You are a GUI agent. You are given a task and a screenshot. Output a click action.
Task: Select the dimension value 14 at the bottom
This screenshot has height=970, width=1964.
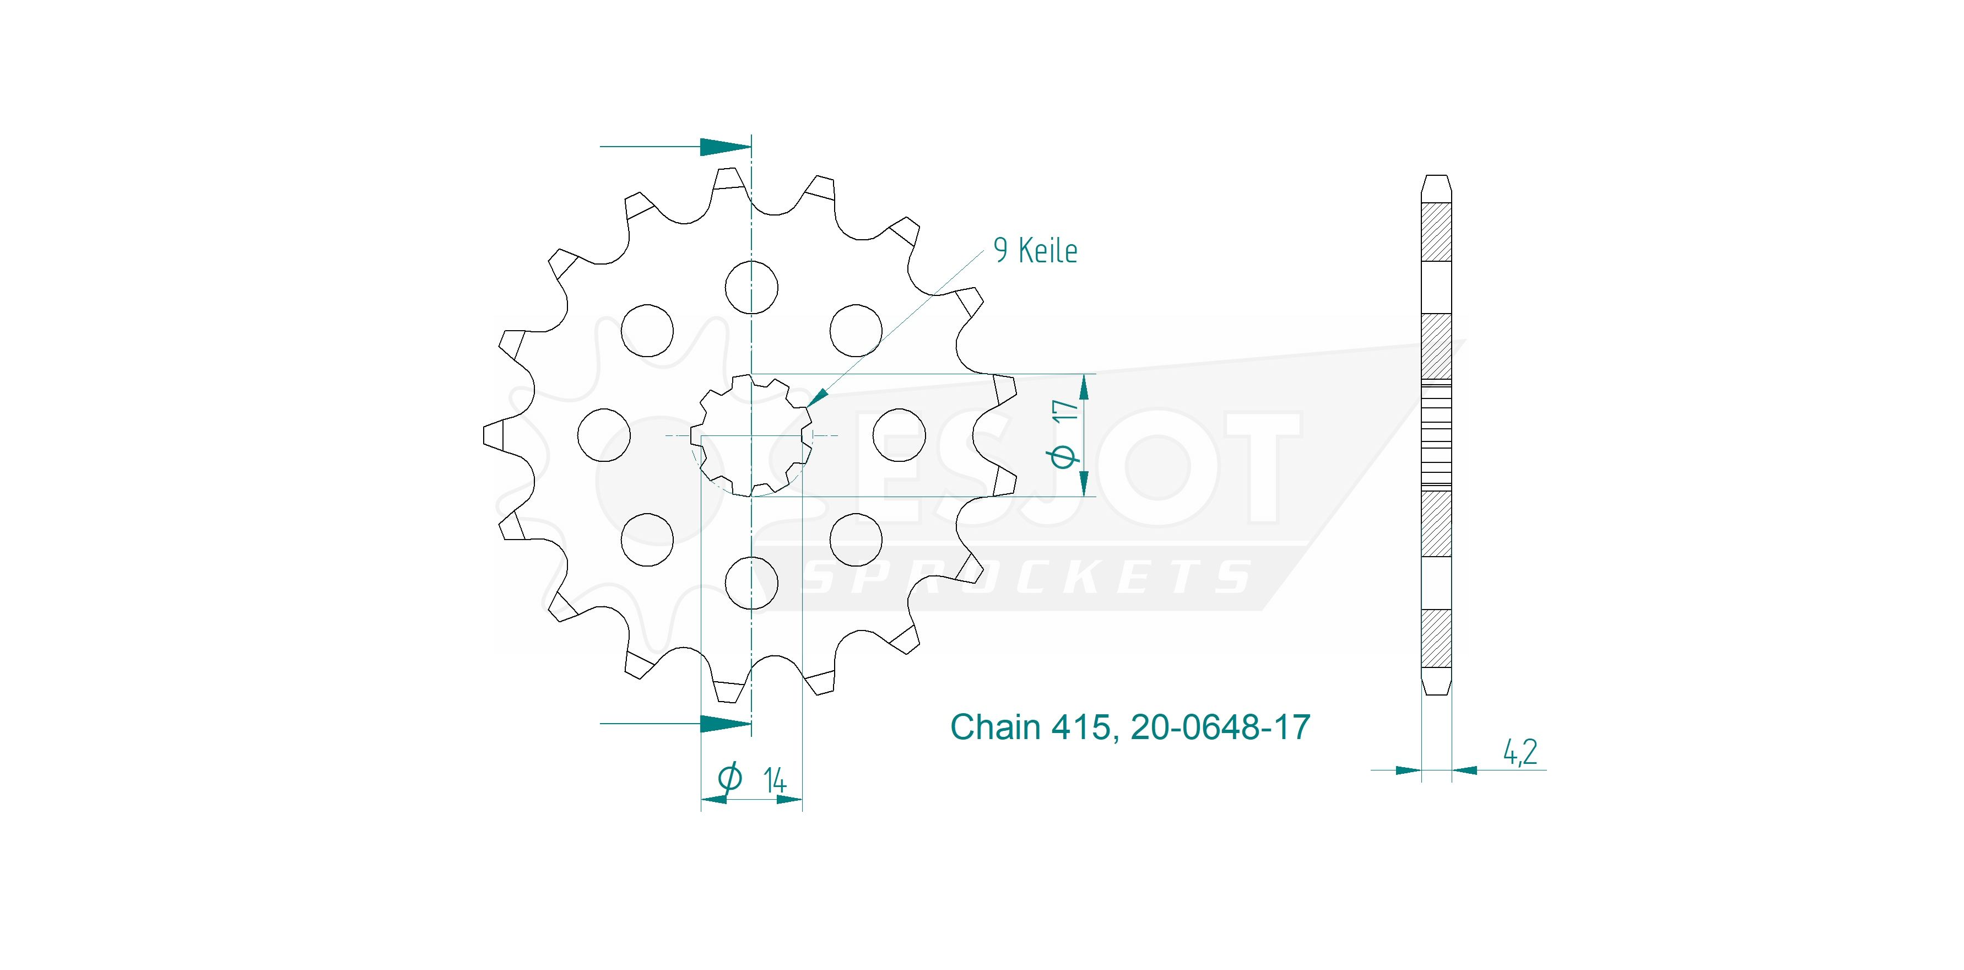pos(774,781)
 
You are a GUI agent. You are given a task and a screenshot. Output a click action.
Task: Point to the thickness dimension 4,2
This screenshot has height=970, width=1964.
pos(1519,753)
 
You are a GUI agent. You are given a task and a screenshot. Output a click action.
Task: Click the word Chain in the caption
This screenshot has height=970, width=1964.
pos(995,727)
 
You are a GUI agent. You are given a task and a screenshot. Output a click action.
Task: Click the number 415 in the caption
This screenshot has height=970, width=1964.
pos(1080,727)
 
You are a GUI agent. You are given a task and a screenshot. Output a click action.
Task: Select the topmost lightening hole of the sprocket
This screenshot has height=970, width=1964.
pos(752,288)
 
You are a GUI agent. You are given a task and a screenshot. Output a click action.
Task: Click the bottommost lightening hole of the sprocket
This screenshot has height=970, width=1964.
pos(752,583)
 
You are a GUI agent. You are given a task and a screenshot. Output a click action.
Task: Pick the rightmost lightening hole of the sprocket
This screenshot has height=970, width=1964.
pos(900,435)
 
